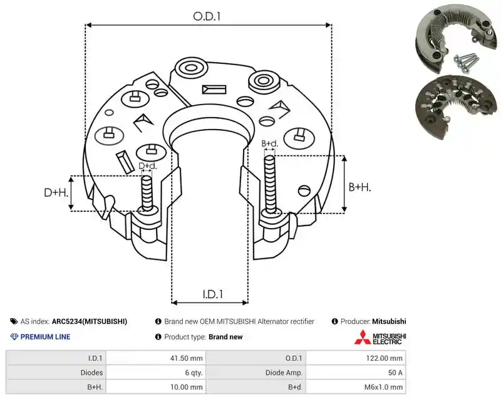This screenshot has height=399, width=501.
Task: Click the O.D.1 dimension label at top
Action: [x=207, y=16]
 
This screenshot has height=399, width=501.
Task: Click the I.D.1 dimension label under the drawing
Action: [x=213, y=294]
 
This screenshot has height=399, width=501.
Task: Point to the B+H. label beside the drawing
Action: [x=359, y=187]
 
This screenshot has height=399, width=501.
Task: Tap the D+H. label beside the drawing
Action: [x=56, y=192]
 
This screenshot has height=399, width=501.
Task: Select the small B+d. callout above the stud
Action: [x=270, y=143]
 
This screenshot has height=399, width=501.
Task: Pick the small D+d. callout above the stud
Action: [x=148, y=166]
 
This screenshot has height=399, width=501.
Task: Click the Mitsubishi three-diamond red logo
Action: [x=363, y=337]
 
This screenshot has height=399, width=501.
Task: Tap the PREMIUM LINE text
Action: [x=45, y=337]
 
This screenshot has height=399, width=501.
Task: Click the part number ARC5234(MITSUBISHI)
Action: [x=90, y=321]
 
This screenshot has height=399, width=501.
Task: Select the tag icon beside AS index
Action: [x=14, y=321]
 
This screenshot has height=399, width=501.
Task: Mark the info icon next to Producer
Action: [x=334, y=321]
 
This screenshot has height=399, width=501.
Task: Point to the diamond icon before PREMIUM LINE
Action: [x=14, y=337]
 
